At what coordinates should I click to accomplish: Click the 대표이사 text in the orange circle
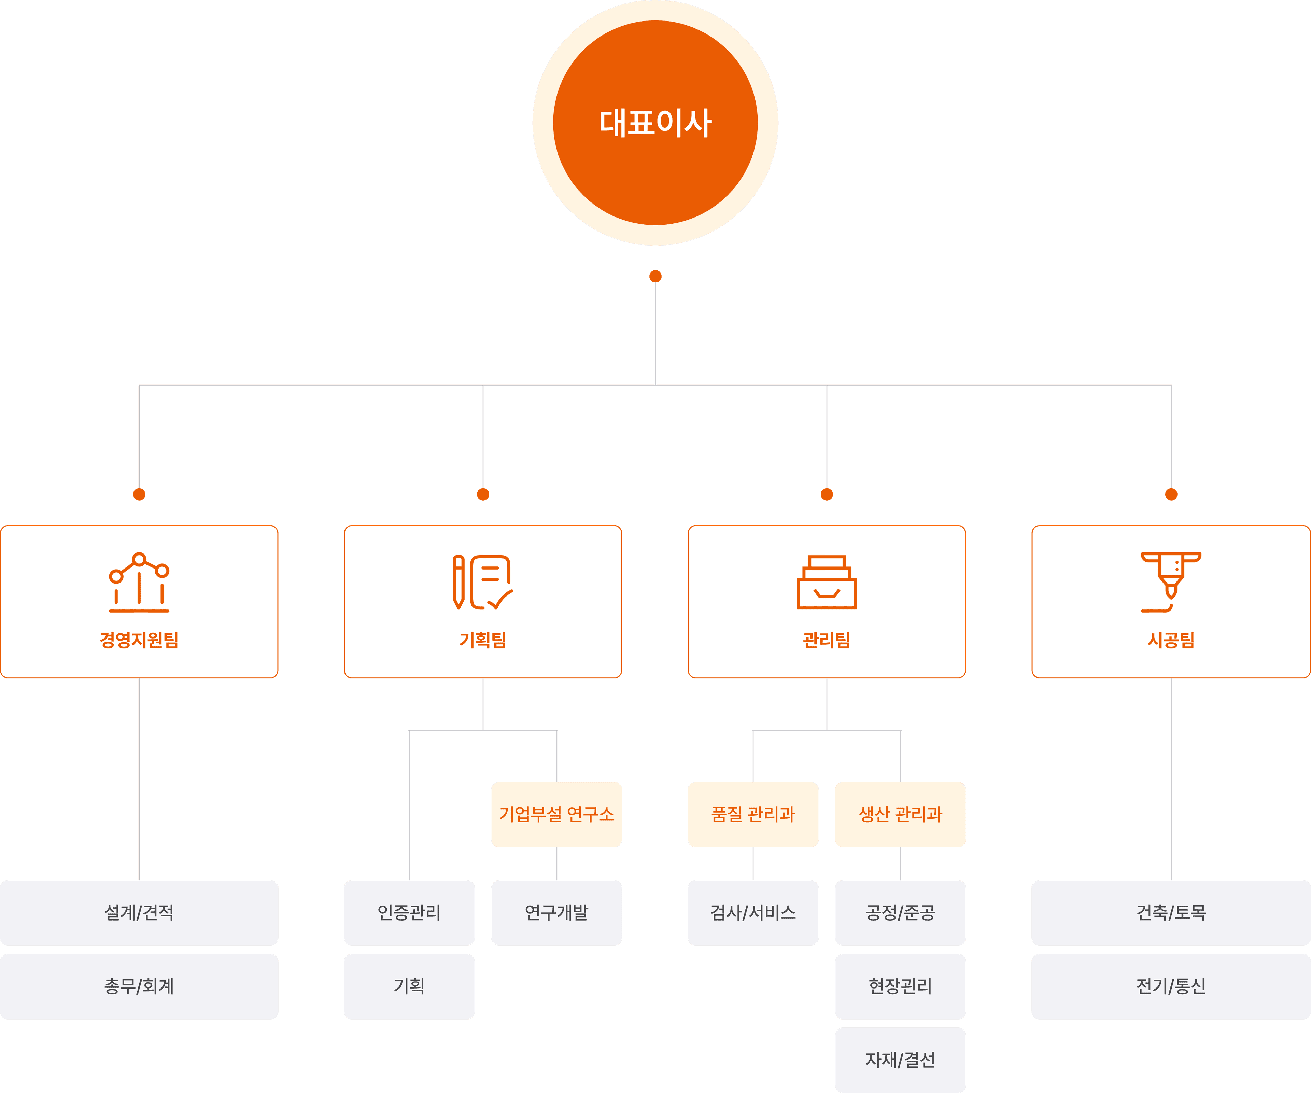click(x=655, y=123)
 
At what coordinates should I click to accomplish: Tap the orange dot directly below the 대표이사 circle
click(x=655, y=276)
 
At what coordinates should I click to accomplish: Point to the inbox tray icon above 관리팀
click(x=827, y=583)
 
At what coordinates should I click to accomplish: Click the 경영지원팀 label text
click(x=139, y=640)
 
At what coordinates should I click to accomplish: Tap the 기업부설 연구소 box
click(x=556, y=814)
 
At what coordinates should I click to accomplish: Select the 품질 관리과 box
click(x=753, y=814)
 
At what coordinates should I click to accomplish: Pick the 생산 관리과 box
click(x=900, y=814)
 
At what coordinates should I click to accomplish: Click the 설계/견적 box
click(x=139, y=913)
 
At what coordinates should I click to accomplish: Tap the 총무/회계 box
click(x=139, y=986)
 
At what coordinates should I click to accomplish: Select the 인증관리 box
click(x=409, y=913)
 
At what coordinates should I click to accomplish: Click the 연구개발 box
click(x=556, y=913)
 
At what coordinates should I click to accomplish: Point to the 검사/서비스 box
click(x=753, y=913)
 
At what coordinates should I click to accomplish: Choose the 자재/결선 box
click(x=900, y=1059)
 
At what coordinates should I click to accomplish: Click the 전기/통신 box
click(x=1171, y=986)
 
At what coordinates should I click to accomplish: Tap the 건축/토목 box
click(x=1171, y=913)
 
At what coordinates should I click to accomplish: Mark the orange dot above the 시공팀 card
click(x=1171, y=494)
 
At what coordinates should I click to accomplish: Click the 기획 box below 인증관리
click(x=409, y=986)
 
